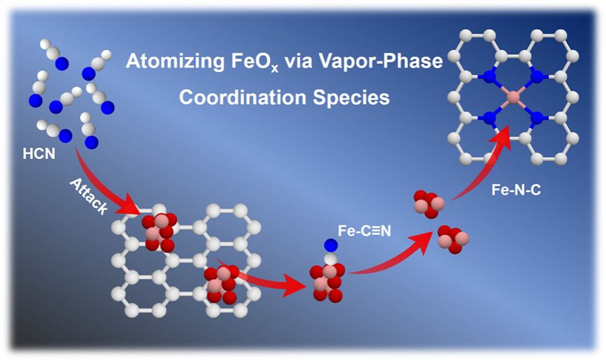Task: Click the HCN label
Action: [38, 154]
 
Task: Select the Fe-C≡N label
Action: [365, 231]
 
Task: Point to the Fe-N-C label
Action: [516, 190]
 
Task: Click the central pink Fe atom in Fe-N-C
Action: [513, 97]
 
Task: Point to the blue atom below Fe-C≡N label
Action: [330, 245]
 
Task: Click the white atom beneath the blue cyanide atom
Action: [330, 258]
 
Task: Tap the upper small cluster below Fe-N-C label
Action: [428, 203]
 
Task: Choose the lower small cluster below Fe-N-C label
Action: [453, 240]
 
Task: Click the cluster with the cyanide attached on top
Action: [327, 283]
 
